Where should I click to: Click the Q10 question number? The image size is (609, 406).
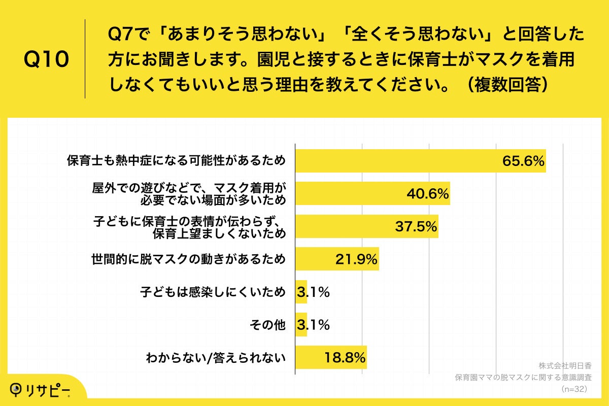[46, 60]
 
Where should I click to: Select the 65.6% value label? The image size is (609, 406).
[523, 161]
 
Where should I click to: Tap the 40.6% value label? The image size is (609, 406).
[428, 193]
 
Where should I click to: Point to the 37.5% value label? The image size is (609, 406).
[416, 226]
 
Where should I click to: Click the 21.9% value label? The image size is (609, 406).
[356, 259]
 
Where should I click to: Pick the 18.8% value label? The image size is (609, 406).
[345, 357]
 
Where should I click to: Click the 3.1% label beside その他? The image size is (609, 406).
[313, 325]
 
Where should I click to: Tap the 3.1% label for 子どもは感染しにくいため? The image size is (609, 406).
[313, 292]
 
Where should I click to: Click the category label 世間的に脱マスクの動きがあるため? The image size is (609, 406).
[188, 259]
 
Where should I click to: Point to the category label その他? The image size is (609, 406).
[268, 325]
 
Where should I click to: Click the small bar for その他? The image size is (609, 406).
[301, 325]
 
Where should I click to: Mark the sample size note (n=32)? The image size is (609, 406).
[574, 388]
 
